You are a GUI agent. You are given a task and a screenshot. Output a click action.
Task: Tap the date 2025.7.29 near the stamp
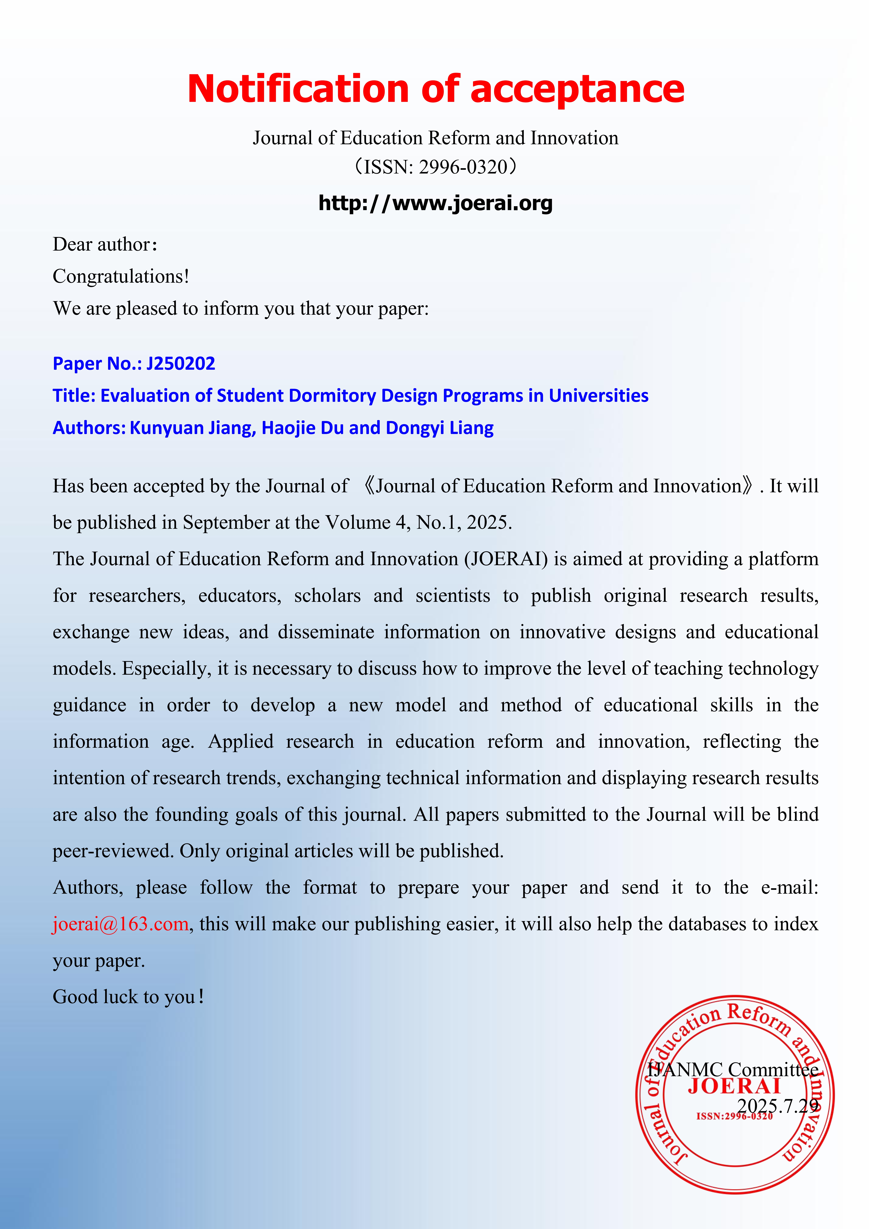pyautogui.click(x=777, y=1106)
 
